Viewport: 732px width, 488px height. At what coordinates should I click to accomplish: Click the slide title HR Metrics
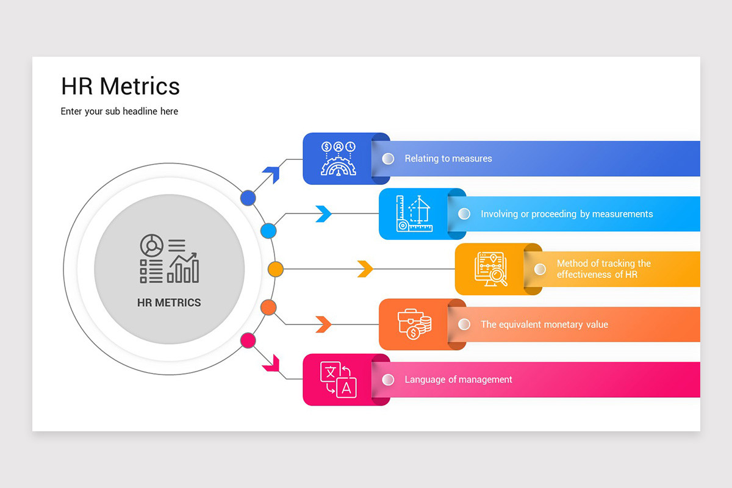click(x=120, y=86)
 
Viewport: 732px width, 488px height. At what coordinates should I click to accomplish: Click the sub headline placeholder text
click(x=119, y=112)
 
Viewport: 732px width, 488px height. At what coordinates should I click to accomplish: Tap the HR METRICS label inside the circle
click(x=169, y=303)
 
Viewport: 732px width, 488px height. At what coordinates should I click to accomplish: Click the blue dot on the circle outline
click(x=248, y=198)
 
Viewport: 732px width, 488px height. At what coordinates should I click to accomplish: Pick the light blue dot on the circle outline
click(x=268, y=231)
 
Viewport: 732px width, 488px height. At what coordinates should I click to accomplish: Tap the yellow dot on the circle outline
click(x=276, y=269)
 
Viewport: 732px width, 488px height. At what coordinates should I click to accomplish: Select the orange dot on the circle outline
click(x=268, y=307)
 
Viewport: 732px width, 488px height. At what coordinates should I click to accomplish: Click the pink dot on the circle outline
click(x=248, y=340)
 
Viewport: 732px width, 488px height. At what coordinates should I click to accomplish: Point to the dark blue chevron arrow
click(x=270, y=174)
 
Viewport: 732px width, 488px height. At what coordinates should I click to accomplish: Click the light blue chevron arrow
click(x=323, y=213)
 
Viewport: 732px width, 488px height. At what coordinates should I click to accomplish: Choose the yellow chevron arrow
click(x=365, y=269)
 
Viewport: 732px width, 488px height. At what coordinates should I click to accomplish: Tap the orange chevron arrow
click(x=323, y=325)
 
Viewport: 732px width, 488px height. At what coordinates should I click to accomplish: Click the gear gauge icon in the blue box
click(x=338, y=159)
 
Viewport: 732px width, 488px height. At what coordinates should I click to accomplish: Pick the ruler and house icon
click(x=414, y=213)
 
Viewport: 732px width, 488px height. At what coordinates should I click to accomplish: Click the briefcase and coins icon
click(x=414, y=324)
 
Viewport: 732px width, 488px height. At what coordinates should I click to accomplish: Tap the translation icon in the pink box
click(x=338, y=379)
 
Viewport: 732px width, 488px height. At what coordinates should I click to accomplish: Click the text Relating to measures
click(x=448, y=159)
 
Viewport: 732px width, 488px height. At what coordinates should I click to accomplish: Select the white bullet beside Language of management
click(x=388, y=379)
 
